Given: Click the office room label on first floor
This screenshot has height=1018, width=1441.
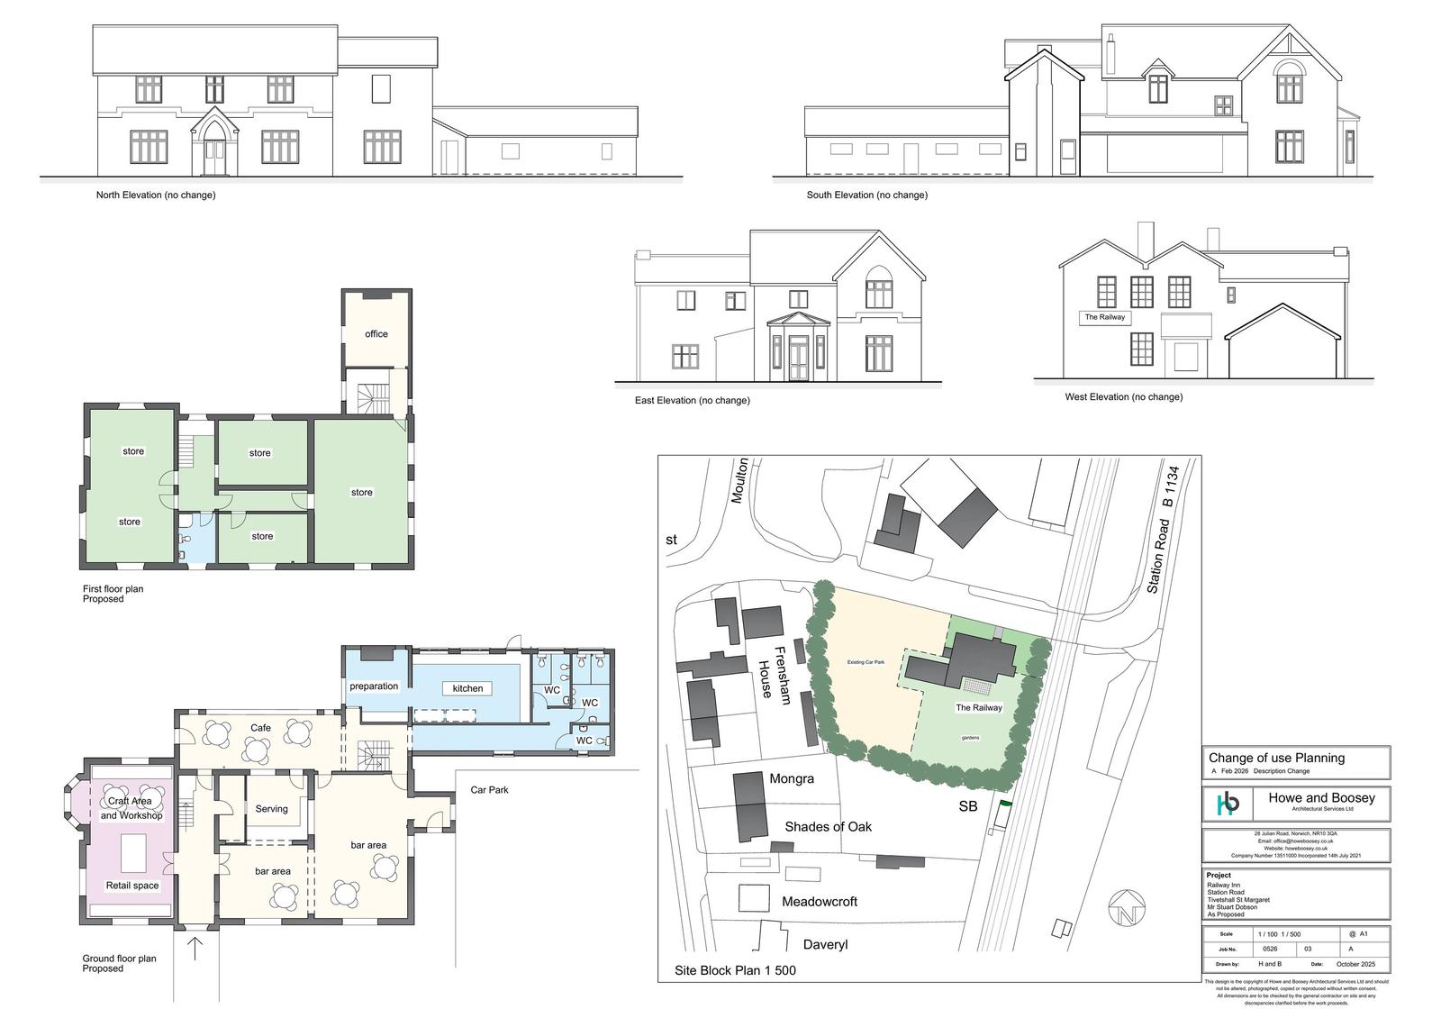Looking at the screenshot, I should pos(376,334).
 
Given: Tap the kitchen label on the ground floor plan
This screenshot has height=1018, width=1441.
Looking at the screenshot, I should pos(467,688).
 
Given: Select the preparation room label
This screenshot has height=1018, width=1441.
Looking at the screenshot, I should pos(374,686).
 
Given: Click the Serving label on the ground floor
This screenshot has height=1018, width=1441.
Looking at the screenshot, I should pos(271,809).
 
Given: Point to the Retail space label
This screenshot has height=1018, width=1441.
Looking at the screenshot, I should pos(132,886).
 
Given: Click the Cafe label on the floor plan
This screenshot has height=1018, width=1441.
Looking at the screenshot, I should pos(260,728).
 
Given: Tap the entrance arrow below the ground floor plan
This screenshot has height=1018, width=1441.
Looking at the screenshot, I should pos(195,949).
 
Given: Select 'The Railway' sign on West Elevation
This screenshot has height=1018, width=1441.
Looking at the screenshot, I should pos(1104,318).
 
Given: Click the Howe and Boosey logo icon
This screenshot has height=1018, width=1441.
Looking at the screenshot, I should pos(1228,804).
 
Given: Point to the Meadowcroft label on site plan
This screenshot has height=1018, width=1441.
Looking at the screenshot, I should pos(819,902).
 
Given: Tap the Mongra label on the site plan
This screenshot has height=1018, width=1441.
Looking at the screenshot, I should pos(792,778).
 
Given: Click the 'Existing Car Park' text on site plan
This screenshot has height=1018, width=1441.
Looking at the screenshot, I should pos(866,662).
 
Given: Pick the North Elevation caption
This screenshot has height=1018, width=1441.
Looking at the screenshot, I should pos(156,195).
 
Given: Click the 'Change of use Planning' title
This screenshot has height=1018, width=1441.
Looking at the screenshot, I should pos(1276,758).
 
